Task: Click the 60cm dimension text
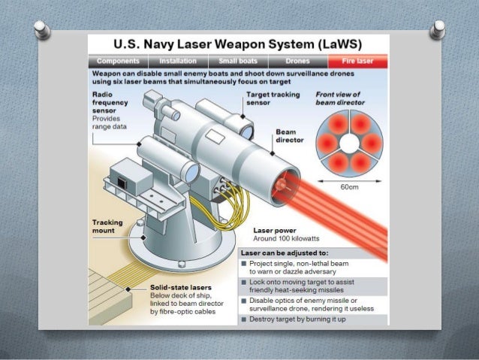click(x=350, y=185)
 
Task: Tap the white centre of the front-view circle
click(x=349, y=142)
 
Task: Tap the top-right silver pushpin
click(x=438, y=31)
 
